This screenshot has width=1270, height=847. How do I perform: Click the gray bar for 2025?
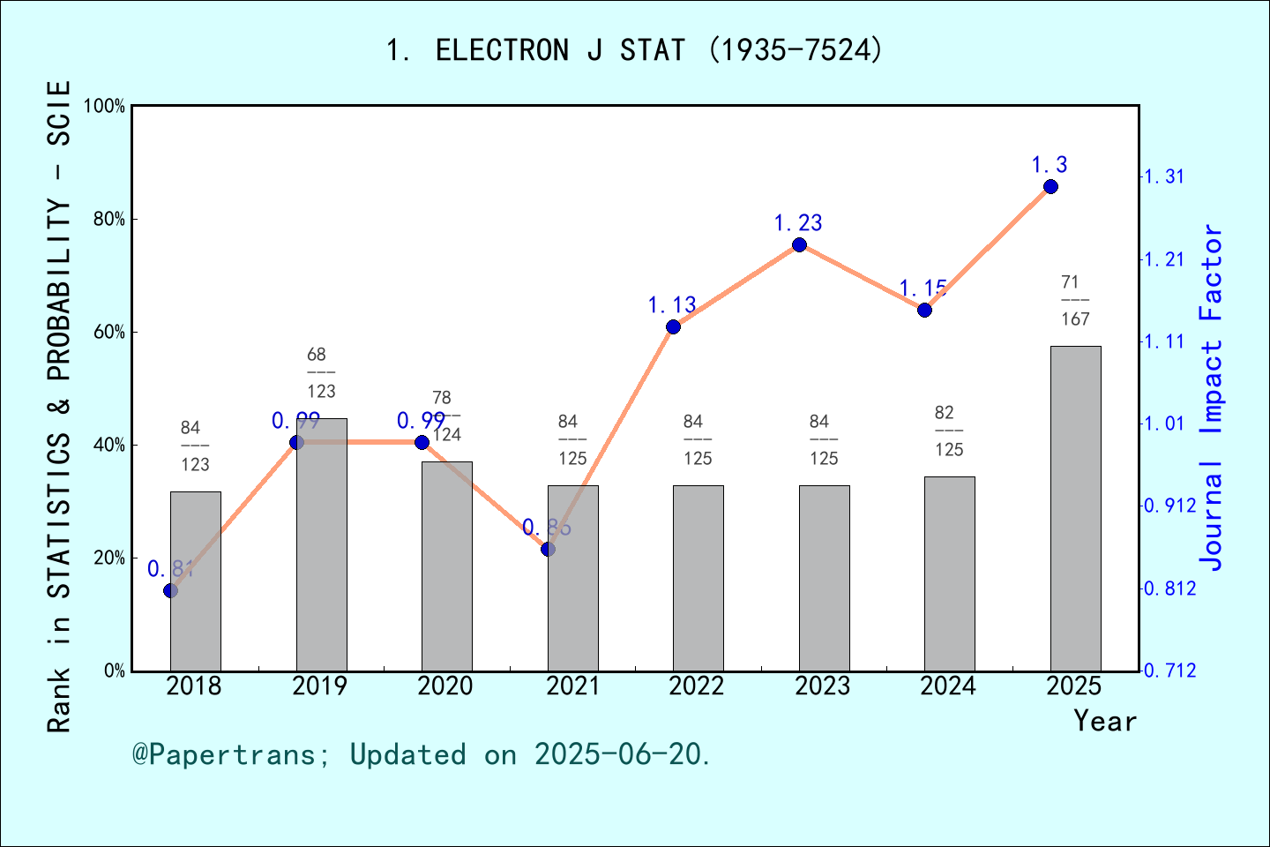[x=1075, y=508]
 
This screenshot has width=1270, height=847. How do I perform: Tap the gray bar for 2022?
[x=698, y=578]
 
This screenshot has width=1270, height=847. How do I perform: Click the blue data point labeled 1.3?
[x=1050, y=187]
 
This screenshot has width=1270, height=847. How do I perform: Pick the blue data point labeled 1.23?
[x=799, y=245]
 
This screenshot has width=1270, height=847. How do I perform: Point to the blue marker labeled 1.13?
[x=673, y=327]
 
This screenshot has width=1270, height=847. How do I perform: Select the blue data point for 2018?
[x=171, y=590]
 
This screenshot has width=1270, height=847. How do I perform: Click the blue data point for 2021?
[x=548, y=550]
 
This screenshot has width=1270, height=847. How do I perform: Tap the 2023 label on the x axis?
[x=822, y=686]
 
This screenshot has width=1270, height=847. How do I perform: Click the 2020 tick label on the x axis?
[x=445, y=686]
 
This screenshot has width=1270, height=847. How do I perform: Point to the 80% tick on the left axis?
[x=109, y=220]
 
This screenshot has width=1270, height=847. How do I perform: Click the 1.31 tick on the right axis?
[x=1164, y=177]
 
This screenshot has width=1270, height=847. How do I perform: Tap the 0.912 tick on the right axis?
[x=1170, y=506]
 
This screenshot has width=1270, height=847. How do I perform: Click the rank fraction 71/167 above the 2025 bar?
[x=1074, y=301]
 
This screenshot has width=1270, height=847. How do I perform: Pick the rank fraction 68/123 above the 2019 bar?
[x=320, y=373]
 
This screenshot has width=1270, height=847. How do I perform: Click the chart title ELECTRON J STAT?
[x=634, y=50]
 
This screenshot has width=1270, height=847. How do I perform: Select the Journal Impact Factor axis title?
[x=1212, y=397]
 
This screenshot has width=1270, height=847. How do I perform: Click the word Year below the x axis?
[x=1104, y=722]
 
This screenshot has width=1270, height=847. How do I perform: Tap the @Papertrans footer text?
[x=422, y=754]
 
